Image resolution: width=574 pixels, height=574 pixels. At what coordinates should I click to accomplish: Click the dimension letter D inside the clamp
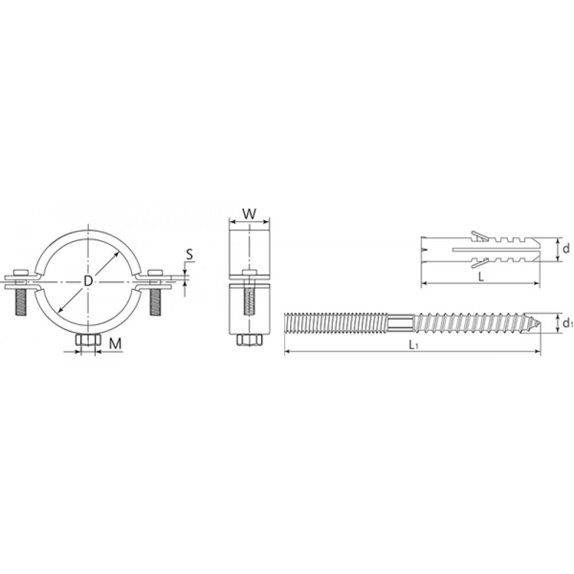pyautogui.click(x=88, y=281)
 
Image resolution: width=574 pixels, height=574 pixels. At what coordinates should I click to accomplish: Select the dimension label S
pyautogui.click(x=189, y=254)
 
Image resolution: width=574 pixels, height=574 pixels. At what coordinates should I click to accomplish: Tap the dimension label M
pyautogui.click(x=115, y=343)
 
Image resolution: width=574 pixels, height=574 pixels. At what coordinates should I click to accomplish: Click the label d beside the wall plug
pyautogui.click(x=566, y=249)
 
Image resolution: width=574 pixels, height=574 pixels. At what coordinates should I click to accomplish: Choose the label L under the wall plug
pyautogui.click(x=482, y=277)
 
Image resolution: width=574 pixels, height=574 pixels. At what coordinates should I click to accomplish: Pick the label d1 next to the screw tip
pyautogui.click(x=568, y=323)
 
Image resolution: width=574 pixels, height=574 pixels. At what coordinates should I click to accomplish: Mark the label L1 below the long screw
pyautogui.click(x=413, y=344)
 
